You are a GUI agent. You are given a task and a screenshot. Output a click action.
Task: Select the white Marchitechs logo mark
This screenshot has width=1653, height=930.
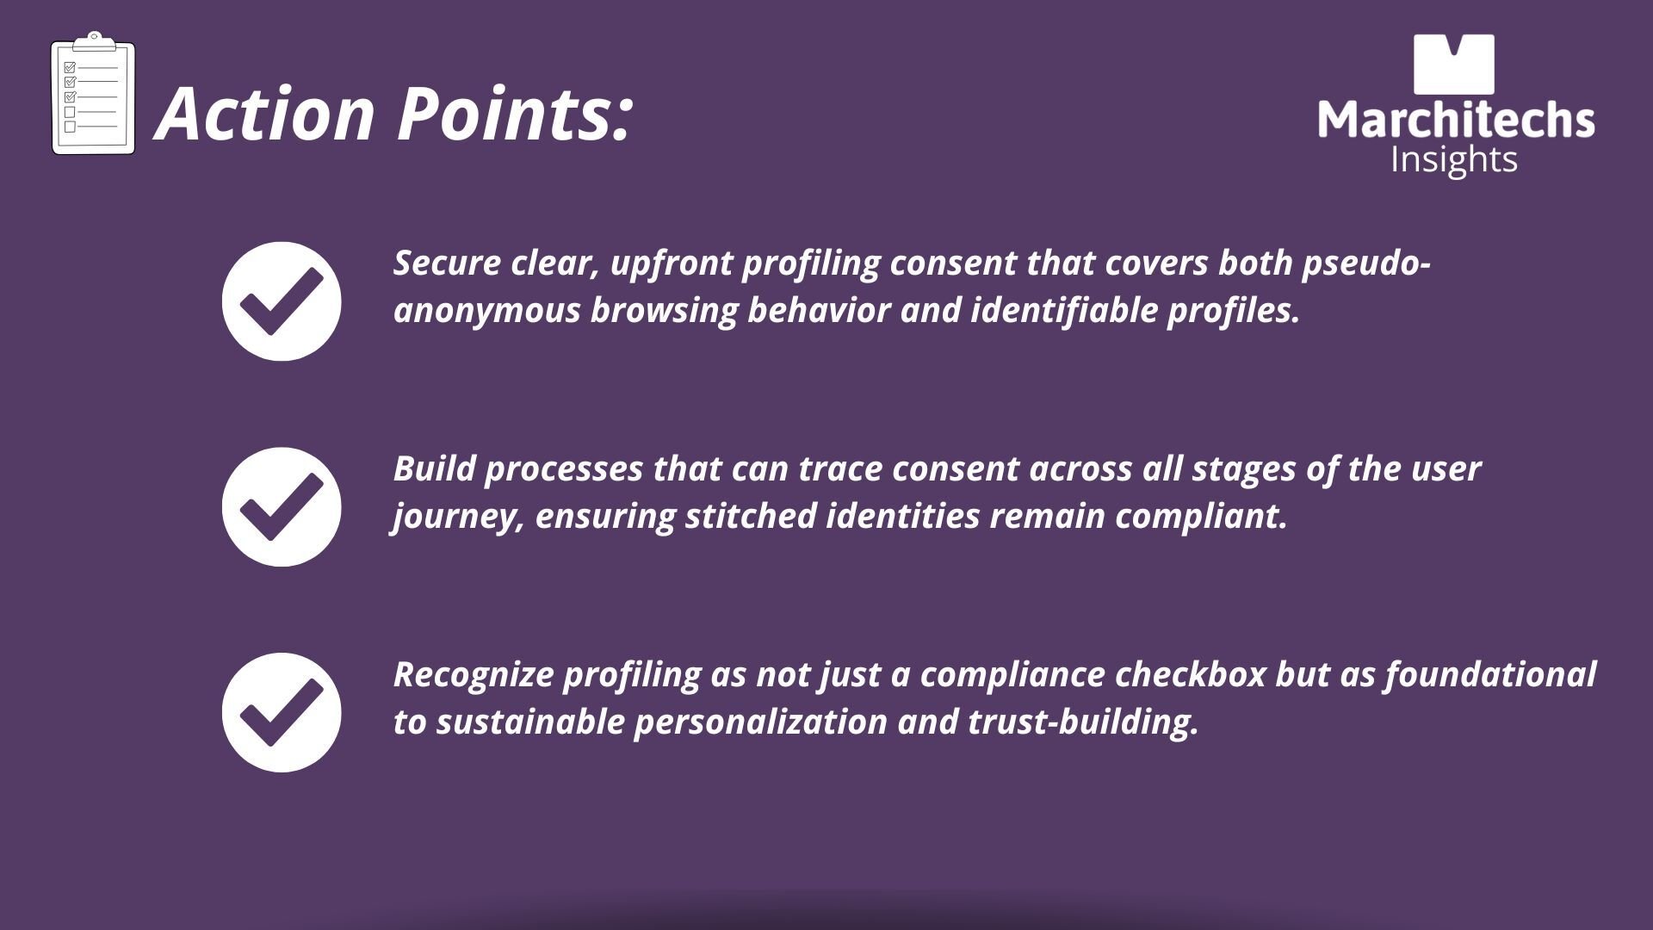tap(1454, 65)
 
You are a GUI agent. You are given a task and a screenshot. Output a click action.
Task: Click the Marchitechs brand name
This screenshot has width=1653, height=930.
tap(1456, 120)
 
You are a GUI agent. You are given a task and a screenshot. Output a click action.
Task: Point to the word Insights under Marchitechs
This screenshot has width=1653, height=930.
tap(1454, 160)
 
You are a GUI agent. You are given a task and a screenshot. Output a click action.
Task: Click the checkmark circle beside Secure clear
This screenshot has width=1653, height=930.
tap(282, 301)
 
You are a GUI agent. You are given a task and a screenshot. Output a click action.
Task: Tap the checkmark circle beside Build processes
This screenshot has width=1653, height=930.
tap(282, 507)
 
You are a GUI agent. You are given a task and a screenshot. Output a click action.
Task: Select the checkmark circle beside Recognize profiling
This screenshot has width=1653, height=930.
tap(282, 712)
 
